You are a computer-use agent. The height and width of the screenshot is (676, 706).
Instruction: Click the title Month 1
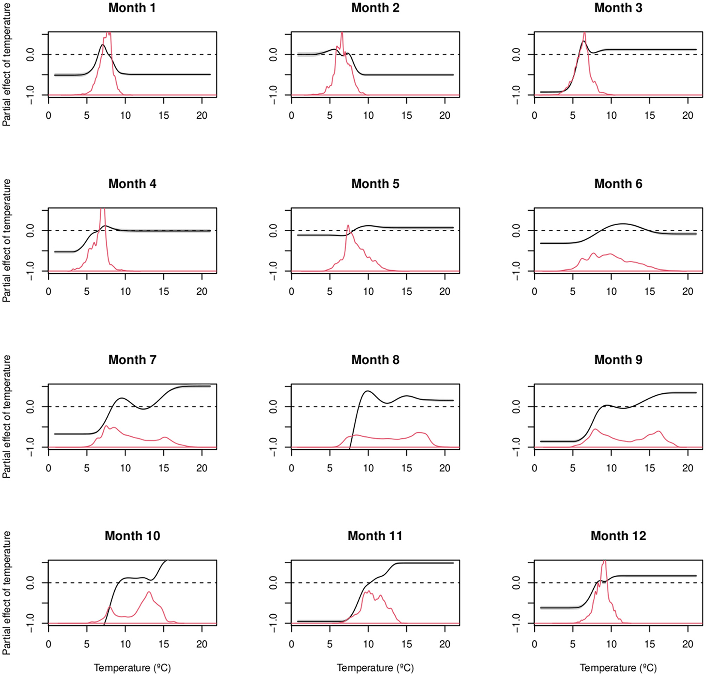(x=132, y=8)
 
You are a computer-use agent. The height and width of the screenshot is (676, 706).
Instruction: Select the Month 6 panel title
(x=618, y=184)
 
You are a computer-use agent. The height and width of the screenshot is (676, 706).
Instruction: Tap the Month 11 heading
(x=375, y=536)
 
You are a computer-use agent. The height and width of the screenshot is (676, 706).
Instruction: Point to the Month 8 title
(x=375, y=360)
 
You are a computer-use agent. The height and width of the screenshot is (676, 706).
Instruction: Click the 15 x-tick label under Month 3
(x=649, y=116)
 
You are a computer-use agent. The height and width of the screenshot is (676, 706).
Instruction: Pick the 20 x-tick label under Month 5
(x=445, y=292)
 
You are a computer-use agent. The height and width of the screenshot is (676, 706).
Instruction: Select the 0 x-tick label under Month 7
(x=49, y=468)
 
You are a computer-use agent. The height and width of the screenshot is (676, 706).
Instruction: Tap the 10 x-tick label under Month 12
(x=611, y=644)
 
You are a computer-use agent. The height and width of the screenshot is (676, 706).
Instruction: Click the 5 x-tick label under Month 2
(x=329, y=116)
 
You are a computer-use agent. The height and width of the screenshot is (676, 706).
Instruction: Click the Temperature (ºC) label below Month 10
(x=132, y=668)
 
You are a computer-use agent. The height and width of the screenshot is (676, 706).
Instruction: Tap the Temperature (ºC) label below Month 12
(x=618, y=668)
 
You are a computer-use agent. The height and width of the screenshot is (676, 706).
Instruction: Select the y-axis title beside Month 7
(x=7, y=416)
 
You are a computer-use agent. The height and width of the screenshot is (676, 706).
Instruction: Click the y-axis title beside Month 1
(x=7, y=64)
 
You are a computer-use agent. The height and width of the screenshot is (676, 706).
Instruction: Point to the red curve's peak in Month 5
(x=348, y=225)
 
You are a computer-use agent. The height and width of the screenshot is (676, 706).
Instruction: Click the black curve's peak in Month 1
(x=103, y=45)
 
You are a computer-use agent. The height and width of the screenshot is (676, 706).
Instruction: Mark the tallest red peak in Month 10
(x=149, y=592)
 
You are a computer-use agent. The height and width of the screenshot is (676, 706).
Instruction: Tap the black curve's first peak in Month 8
(x=367, y=391)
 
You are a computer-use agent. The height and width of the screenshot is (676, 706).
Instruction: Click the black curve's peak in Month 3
(x=583, y=41)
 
